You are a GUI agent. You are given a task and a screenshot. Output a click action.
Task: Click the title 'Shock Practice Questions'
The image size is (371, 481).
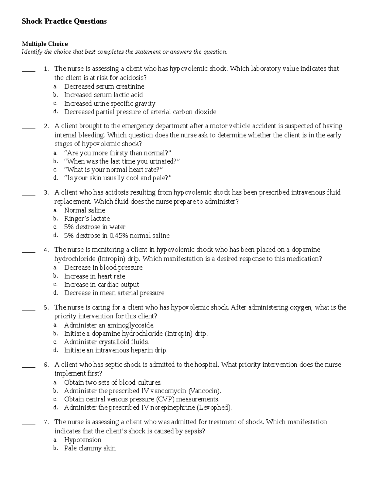tap(64, 21)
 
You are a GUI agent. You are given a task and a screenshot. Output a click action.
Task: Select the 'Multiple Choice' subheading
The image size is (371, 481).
tap(45, 44)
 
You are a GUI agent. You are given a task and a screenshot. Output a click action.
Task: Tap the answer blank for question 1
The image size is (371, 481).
tap(28, 71)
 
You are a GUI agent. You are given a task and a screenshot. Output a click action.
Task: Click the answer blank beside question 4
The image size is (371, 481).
tap(28, 252)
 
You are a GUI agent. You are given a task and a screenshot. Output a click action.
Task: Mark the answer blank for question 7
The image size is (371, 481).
tap(28, 424)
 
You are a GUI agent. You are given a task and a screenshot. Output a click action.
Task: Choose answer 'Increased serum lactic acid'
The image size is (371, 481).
tap(103, 95)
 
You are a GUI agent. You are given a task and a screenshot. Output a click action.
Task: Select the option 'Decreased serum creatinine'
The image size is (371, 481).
tap(104, 87)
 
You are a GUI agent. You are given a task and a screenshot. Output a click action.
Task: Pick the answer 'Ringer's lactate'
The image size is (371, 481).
tap(87, 219)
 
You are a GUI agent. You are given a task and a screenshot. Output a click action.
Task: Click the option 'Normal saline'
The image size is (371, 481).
tap(84, 210)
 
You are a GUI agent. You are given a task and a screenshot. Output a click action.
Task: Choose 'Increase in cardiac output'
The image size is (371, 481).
tap(101, 285)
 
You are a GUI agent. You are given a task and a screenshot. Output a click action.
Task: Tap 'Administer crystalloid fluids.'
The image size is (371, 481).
tap(106, 342)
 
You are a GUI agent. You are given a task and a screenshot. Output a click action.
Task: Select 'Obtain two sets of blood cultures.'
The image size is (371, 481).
tap(113, 383)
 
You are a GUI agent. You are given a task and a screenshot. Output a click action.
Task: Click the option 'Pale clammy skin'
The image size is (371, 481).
tap(90, 448)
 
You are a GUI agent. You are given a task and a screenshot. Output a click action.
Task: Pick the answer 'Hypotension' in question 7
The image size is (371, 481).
tap(83, 440)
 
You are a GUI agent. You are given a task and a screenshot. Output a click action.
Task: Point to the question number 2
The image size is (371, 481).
tap(46, 126)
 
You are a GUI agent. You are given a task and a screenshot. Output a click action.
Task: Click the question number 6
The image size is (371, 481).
tap(46, 365)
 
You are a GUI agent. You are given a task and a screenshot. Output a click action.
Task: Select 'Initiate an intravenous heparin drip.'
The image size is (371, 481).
tap(116, 351)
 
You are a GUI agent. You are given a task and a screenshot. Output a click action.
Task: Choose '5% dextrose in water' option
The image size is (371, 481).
tap(95, 227)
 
